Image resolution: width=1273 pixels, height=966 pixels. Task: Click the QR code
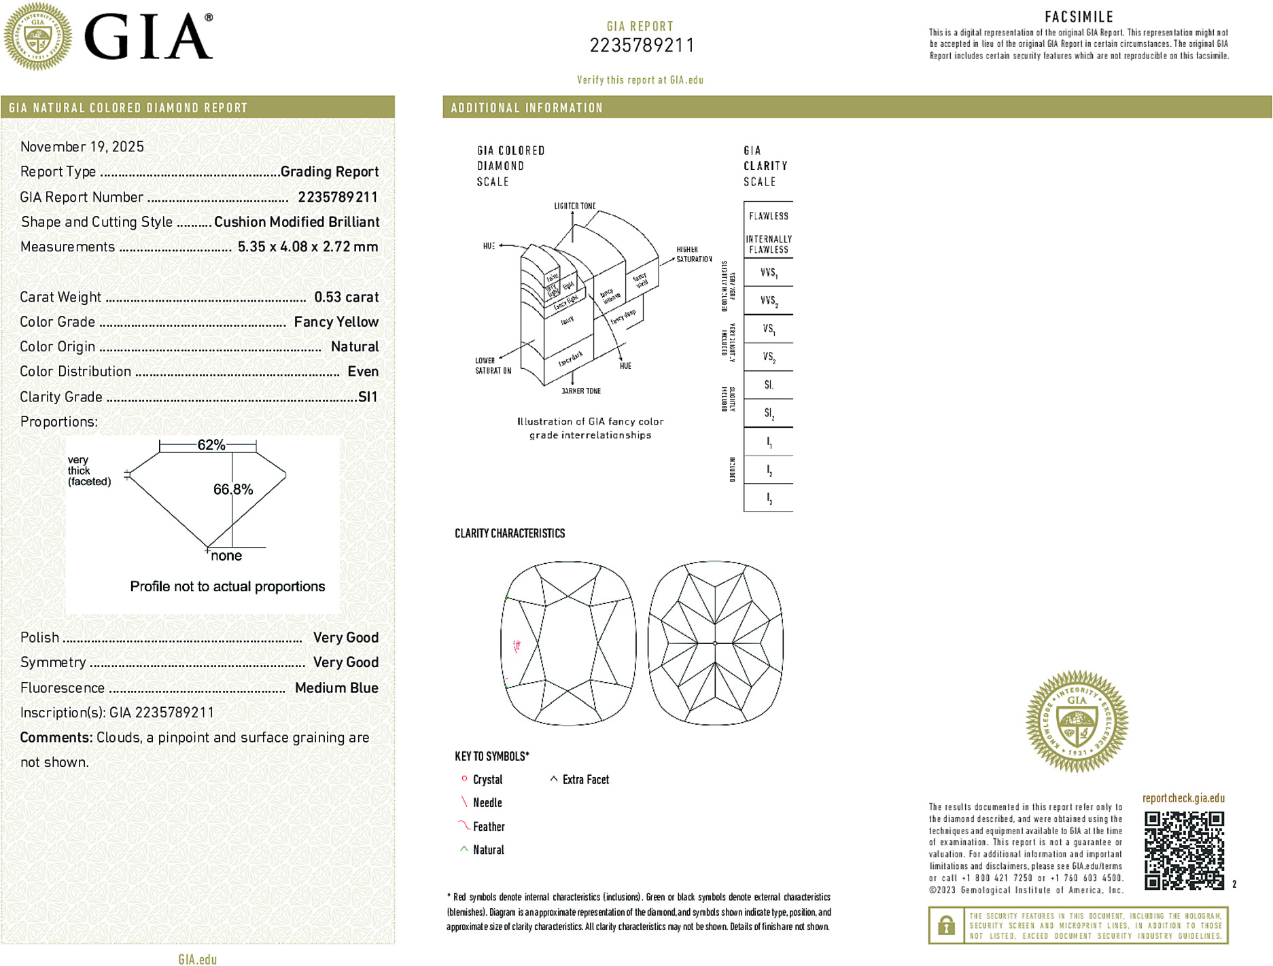pos(1183,850)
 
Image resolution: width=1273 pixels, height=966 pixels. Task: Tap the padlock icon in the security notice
pos(945,925)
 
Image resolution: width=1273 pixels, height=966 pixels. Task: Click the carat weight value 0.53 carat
pos(346,297)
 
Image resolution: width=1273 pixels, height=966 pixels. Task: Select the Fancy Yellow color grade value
pos(336,322)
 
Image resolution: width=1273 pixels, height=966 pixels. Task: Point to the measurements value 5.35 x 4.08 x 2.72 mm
pos(307,247)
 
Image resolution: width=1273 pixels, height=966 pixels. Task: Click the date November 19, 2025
pos(82,147)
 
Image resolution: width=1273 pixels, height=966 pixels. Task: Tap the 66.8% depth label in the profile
pos(233,489)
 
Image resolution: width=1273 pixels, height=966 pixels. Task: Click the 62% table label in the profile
pos(211,445)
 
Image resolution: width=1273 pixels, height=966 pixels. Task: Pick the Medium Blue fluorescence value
pos(336,687)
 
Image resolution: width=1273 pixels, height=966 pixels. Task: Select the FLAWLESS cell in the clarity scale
pos(768,216)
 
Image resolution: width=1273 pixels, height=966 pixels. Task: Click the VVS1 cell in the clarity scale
pos(768,273)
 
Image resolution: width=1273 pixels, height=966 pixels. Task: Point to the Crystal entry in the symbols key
pos(487,780)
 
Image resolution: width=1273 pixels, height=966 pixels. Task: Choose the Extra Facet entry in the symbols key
pos(585,780)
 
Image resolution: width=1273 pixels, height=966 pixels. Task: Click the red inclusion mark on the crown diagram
pos(517,645)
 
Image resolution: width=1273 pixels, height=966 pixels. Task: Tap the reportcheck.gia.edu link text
pos(1183,798)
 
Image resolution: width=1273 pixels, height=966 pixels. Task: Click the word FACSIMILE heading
pos(1079,17)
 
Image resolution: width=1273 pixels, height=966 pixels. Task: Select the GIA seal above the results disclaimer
pos(1077,721)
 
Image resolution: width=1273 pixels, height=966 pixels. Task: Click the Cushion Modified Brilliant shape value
pos(296,222)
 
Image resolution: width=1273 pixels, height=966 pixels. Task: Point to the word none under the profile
pos(226,556)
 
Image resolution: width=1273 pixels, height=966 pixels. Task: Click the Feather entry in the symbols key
pos(488,827)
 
